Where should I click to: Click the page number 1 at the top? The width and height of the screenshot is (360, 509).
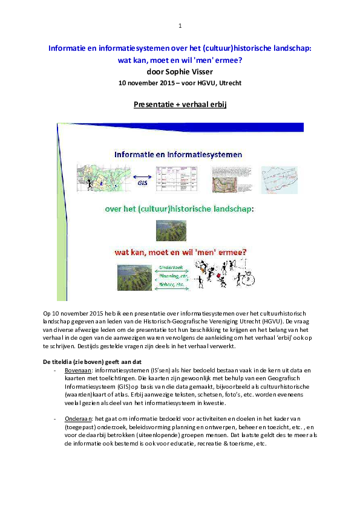tap(180, 26)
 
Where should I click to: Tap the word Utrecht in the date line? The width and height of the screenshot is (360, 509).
tap(229, 82)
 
